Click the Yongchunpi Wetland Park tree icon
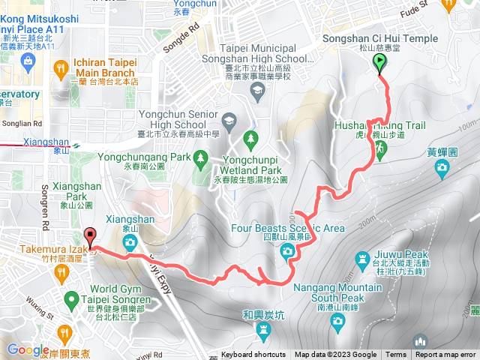click(250, 139)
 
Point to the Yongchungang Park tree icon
click(200, 157)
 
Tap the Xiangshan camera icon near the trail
click(130, 242)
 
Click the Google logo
click(28, 349)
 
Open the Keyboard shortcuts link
click(253, 355)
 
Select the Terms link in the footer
click(396, 355)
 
